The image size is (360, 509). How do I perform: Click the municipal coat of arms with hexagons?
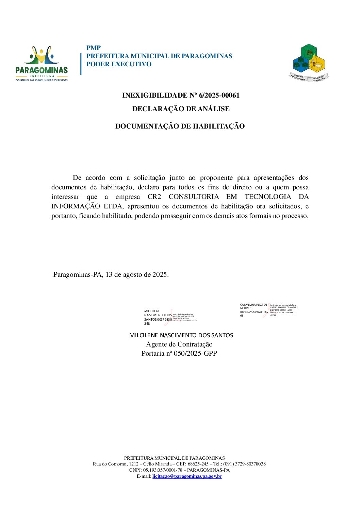[309, 63]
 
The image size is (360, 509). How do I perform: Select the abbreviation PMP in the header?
[94, 48]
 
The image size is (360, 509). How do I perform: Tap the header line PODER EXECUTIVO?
[119, 64]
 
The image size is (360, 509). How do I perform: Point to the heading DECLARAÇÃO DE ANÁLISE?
[181, 109]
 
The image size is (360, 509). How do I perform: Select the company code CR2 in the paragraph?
[154, 197]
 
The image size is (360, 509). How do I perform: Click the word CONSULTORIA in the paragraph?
[194, 197]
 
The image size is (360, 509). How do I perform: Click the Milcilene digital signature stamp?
[170, 317]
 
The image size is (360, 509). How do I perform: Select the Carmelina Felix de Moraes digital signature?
[267, 310]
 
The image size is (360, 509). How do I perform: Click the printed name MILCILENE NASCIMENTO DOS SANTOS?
[181, 335]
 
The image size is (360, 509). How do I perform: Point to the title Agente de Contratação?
[179, 344]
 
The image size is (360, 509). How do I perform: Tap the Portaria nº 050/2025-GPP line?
[179, 354]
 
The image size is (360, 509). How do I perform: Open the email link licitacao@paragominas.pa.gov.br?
[187, 476]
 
